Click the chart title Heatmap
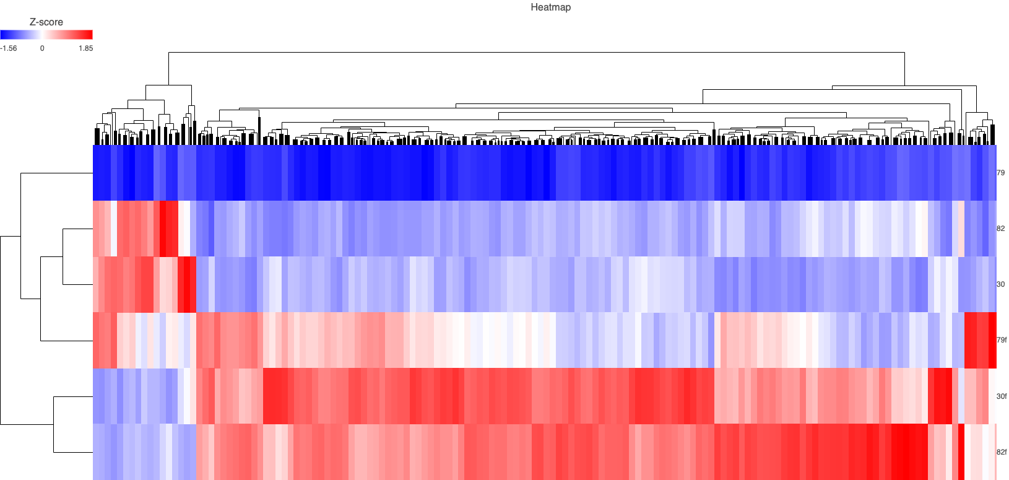tap(550, 7)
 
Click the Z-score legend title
tap(46, 22)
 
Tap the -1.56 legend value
tap(9, 48)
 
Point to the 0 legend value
tap(42, 48)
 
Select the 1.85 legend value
tap(85, 48)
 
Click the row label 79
tap(1000, 173)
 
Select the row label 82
tap(1000, 229)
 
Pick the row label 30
tap(1000, 284)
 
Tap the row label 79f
tap(1002, 340)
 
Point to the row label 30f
tap(1002, 396)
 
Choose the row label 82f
tap(1002, 452)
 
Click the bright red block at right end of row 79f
tap(981, 340)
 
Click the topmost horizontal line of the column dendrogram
tap(536, 53)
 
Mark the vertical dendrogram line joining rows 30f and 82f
tap(53, 424)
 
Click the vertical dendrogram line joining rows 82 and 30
tap(63, 256)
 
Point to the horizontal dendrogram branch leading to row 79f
tap(67, 341)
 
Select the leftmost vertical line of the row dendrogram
tap(1, 330)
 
